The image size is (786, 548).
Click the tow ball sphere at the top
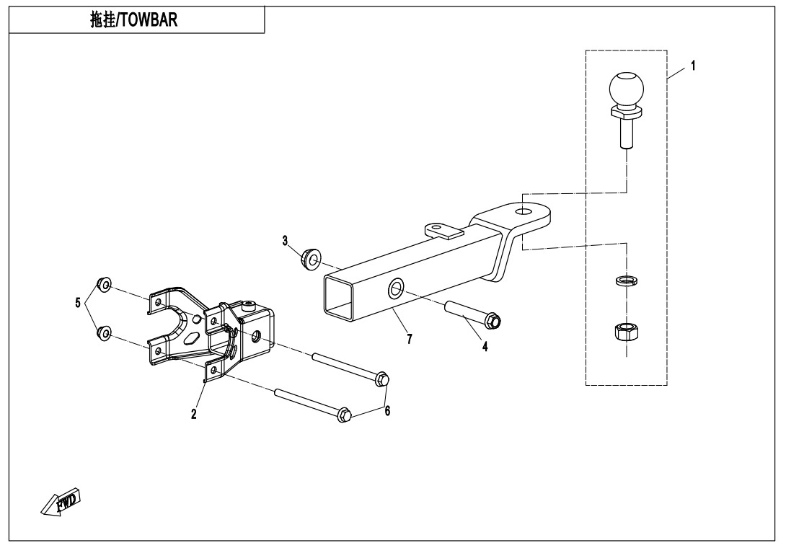click(624, 89)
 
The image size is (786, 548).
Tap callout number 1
click(693, 66)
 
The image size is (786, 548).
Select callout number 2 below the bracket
click(194, 415)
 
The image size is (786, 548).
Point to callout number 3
click(286, 240)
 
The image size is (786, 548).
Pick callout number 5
click(78, 303)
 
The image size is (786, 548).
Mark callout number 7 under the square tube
click(410, 339)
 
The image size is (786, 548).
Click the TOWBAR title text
click(137, 20)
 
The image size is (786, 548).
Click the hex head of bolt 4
click(494, 320)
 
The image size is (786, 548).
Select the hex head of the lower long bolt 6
click(344, 415)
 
